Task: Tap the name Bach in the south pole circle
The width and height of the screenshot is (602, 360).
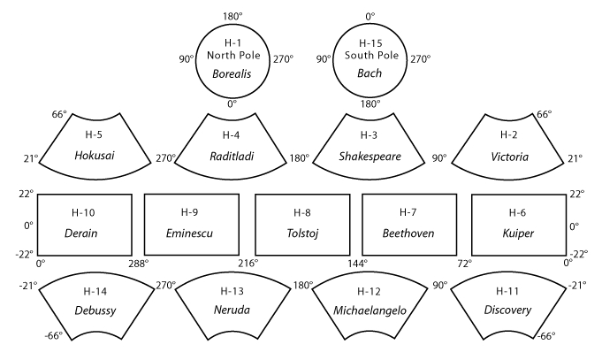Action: [x=370, y=74]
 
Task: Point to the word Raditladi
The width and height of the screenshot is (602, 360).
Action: [x=232, y=157]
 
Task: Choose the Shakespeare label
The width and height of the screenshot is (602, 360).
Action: [x=370, y=157]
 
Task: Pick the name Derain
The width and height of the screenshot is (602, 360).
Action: [x=80, y=233]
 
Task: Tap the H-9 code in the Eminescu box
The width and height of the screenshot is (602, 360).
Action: [x=189, y=212]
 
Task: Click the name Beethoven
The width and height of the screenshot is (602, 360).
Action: [x=407, y=233]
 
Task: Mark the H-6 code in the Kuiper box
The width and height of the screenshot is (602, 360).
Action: [x=519, y=212]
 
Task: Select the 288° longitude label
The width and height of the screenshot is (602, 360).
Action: [x=139, y=263]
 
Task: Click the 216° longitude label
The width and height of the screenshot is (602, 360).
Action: [x=248, y=263]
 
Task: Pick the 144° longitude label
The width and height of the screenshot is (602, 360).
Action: [x=355, y=263]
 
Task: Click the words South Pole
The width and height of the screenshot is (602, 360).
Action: [x=370, y=56]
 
